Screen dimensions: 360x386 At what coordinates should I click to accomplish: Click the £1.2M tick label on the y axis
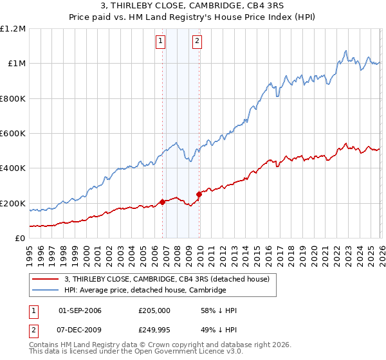(x=13, y=29)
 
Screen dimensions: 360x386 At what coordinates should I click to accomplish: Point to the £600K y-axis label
(x=13, y=134)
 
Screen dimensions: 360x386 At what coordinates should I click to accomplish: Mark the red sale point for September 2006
(x=162, y=202)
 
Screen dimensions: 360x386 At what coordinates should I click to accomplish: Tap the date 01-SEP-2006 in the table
(x=80, y=310)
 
